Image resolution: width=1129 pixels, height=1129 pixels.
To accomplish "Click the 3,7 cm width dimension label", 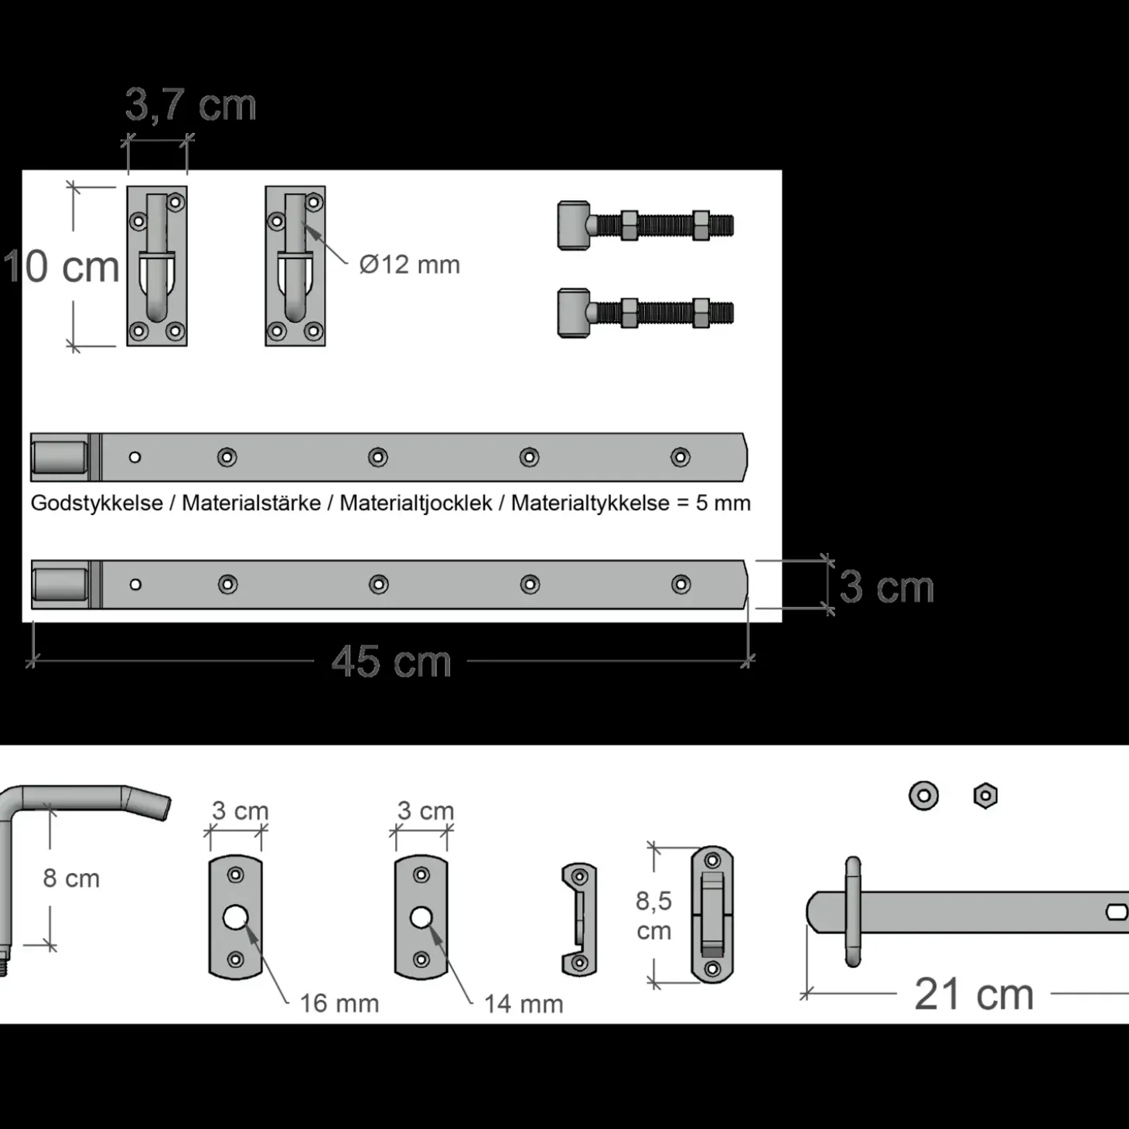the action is (x=190, y=106).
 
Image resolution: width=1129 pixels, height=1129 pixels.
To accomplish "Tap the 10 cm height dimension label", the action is (x=61, y=267).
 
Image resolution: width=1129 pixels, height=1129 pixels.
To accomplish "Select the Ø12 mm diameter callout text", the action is (x=410, y=264).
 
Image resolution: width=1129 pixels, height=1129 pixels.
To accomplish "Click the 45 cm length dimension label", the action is (x=391, y=662).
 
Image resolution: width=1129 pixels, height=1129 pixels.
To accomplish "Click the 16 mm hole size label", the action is (x=339, y=1004).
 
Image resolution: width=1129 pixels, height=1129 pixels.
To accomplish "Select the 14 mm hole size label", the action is (x=524, y=1005).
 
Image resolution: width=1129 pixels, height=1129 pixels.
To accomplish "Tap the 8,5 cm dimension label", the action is (x=654, y=916).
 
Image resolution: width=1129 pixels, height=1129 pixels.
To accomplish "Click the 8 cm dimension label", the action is (x=71, y=878).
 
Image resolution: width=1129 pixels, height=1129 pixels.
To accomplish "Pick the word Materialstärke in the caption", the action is (x=251, y=503).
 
